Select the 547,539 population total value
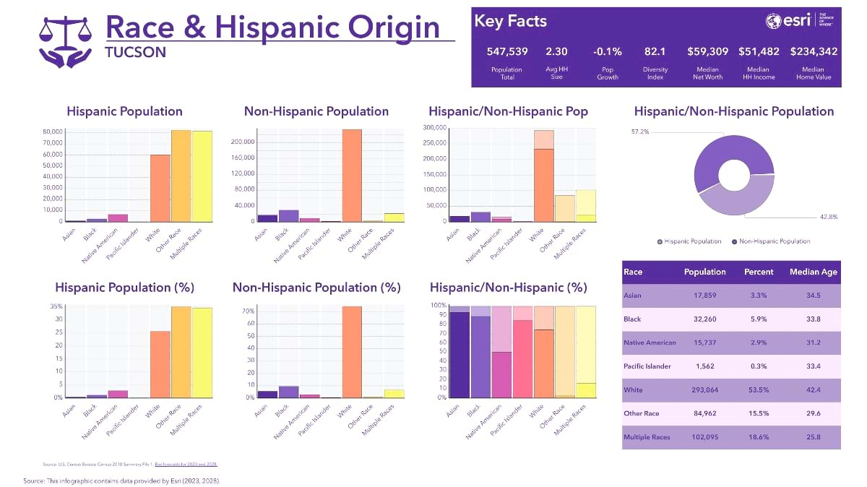point(508,51)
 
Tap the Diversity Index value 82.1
point(655,51)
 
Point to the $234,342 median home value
point(814,51)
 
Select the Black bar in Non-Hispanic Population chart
point(288,215)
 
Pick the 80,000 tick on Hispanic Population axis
point(53,132)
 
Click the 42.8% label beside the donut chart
point(828,217)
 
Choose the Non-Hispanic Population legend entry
point(772,241)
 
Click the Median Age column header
point(814,272)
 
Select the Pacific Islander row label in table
point(647,366)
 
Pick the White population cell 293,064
point(704,390)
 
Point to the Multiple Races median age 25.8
point(814,437)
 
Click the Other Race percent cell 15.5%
point(759,413)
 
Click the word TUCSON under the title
point(135,52)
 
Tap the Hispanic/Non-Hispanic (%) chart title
point(508,288)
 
